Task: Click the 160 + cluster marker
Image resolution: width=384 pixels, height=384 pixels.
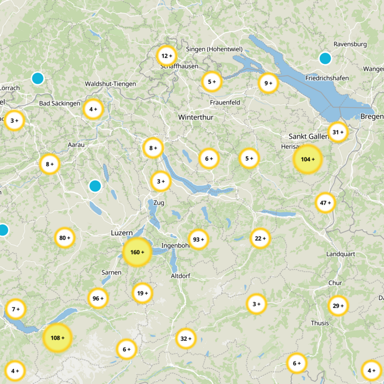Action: pos(137,252)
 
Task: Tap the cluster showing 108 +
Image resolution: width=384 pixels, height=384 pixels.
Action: pos(57,338)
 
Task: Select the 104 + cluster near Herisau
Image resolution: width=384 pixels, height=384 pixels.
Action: pos(308,159)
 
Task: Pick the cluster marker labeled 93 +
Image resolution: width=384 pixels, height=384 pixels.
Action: pos(198,239)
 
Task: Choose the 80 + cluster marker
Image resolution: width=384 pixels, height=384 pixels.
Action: pos(65,238)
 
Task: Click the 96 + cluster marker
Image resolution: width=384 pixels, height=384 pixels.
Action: pos(98,299)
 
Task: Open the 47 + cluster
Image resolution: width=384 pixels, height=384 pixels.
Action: pos(325,203)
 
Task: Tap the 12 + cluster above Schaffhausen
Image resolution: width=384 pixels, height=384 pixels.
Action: pos(167,56)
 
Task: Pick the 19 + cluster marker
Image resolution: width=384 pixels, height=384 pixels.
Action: pos(143,293)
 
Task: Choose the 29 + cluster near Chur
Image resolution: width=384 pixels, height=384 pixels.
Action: pos(338,306)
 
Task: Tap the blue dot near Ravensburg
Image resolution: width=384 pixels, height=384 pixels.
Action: pos(325,59)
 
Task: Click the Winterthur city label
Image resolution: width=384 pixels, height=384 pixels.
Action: pos(195,117)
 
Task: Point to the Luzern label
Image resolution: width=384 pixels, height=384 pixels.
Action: pos(121,233)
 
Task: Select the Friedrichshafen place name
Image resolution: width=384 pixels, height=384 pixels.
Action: pos(327,78)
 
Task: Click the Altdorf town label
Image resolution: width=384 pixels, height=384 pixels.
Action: pos(181,276)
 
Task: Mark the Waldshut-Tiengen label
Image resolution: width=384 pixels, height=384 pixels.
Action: pos(110,84)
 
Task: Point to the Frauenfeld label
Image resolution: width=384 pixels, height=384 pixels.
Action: pos(225,103)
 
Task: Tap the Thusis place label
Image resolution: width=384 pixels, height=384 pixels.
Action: pos(320,323)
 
